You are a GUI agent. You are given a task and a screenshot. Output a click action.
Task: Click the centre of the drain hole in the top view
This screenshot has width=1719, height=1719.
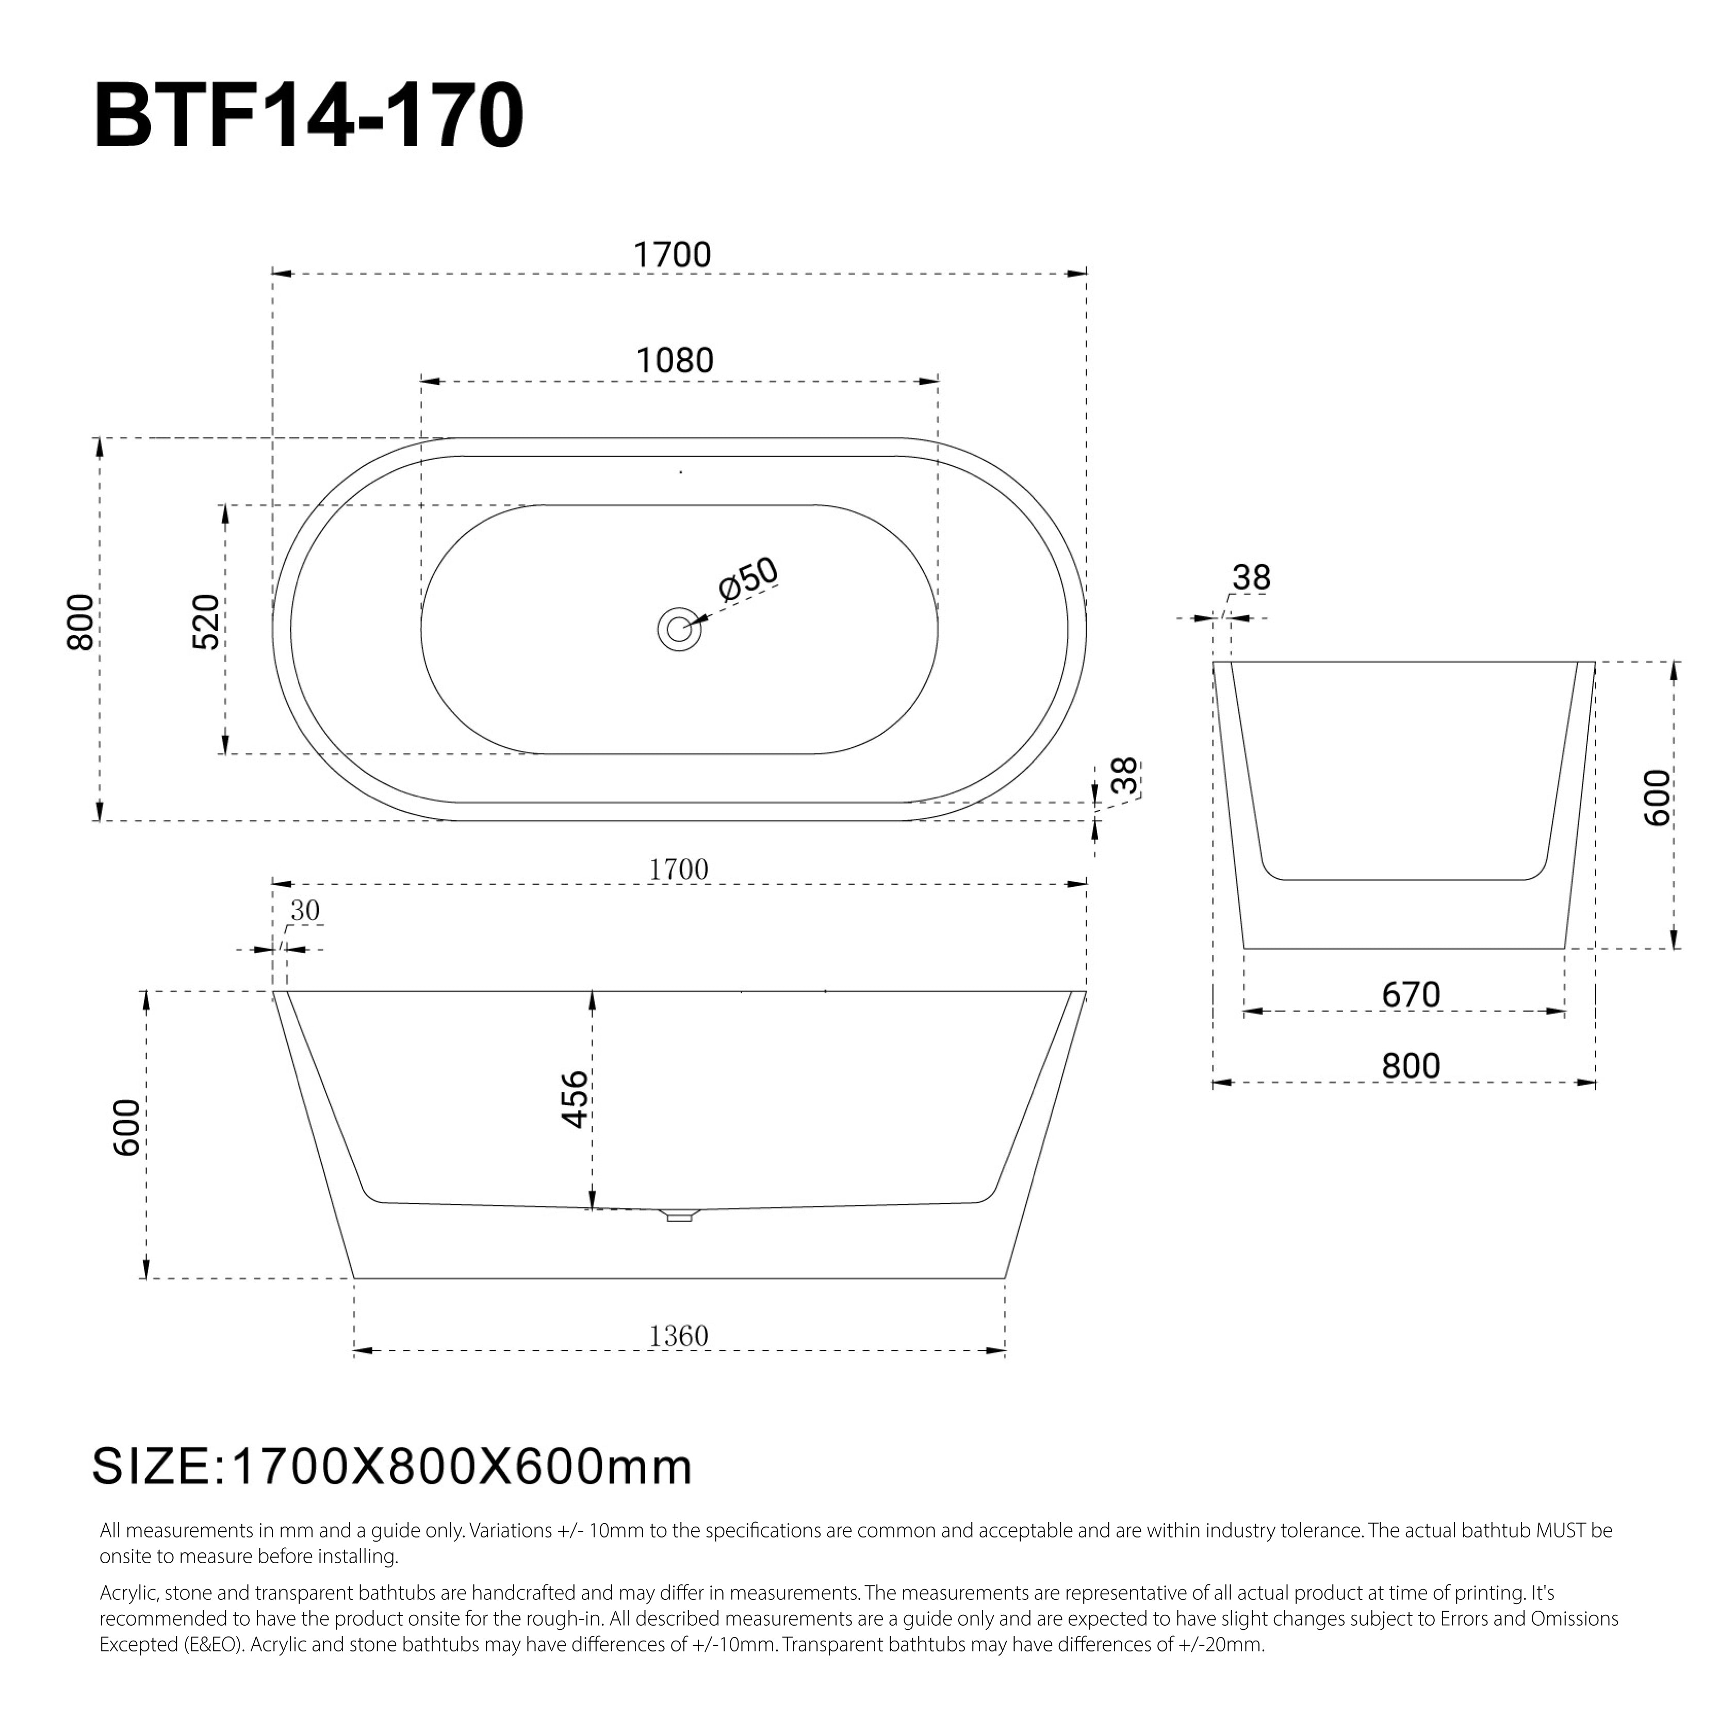click(x=679, y=630)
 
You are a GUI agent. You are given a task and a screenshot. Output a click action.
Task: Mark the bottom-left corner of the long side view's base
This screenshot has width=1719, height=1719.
click(x=354, y=1279)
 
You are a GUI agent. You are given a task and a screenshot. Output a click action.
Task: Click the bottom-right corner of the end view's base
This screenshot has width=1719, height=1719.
click(x=1564, y=948)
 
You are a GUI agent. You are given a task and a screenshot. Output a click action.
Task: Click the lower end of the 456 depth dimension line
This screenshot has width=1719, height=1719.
click(x=592, y=1209)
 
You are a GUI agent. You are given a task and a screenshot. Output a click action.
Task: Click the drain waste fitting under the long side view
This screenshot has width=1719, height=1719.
click(x=679, y=1215)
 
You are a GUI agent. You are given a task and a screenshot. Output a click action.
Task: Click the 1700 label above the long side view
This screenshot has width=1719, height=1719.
click(x=679, y=869)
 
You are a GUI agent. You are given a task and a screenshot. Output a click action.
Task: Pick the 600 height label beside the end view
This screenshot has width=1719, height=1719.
click(x=1658, y=797)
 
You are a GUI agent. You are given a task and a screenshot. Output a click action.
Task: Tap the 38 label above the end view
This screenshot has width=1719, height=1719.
click(x=1251, y=578)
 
